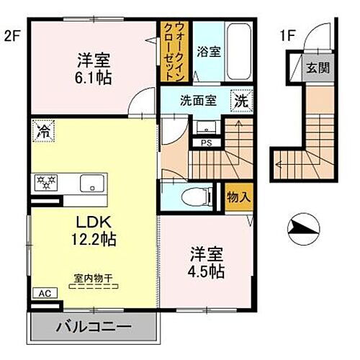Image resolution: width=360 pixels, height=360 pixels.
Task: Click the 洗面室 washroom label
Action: point(194,102)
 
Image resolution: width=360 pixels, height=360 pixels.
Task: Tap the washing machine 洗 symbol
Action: point(240,102)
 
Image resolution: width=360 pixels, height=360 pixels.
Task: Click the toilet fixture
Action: point(195,195)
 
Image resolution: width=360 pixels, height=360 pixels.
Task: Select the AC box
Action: point(42,294)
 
